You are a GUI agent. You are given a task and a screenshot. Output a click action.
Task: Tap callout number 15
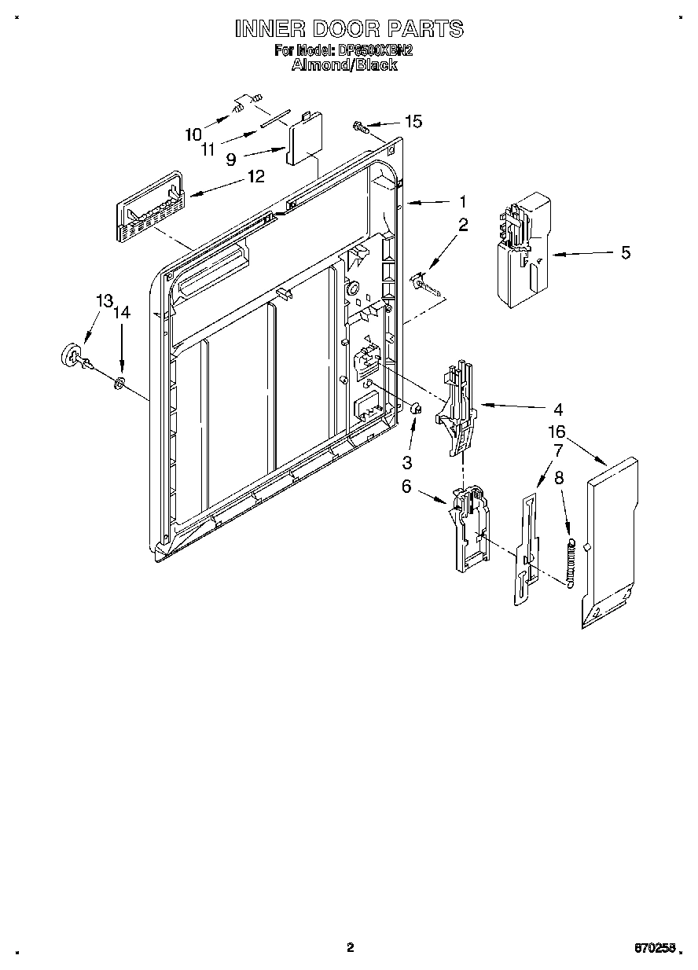coord(413,121)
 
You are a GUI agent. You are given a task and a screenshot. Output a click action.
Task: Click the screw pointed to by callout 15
coord(358,126)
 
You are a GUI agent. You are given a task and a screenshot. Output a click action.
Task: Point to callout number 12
coord(255,177)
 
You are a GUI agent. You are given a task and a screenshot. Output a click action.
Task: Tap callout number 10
coord(193,134)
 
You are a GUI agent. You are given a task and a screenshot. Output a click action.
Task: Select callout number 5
coord(625,252)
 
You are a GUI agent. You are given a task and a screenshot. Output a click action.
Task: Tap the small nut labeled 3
coord(417,408)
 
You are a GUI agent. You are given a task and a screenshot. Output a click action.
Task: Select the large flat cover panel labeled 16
coord(610,542)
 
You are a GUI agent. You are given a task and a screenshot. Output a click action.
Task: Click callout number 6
coord(406,487)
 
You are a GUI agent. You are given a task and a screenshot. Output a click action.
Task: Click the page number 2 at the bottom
coord(351,947)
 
